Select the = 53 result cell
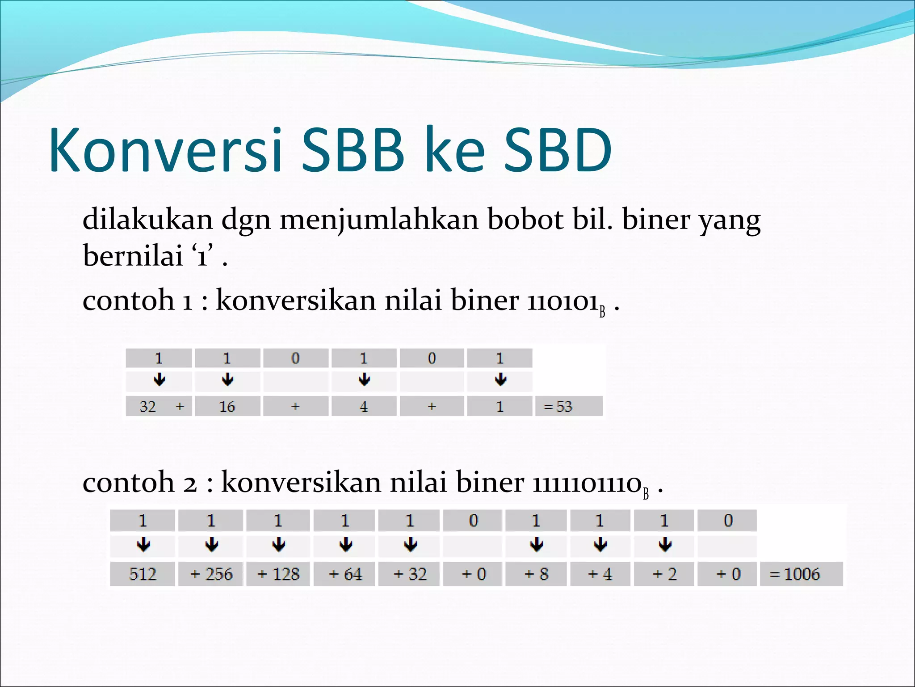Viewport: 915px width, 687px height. (x=568, y=406)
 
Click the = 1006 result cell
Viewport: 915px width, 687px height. (x=801, y=574)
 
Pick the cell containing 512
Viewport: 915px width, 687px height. (x=143, y=574)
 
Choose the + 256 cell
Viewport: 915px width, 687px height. (x=211, y=574)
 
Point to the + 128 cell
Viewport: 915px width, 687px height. (x=278, y=574)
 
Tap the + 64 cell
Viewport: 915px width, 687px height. (x=344, y=574)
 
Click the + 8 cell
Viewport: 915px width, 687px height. (x=536, y=574)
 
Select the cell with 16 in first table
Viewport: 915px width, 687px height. (x=227, y=406)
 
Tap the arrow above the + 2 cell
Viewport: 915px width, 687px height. (x=665, y=545)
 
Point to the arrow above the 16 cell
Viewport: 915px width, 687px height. (x=227, y=380)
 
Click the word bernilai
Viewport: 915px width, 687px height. (x=133, y=256)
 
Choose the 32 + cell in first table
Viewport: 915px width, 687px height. (x=159, y=406)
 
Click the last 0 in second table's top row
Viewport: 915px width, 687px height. (x=728, y=521)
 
